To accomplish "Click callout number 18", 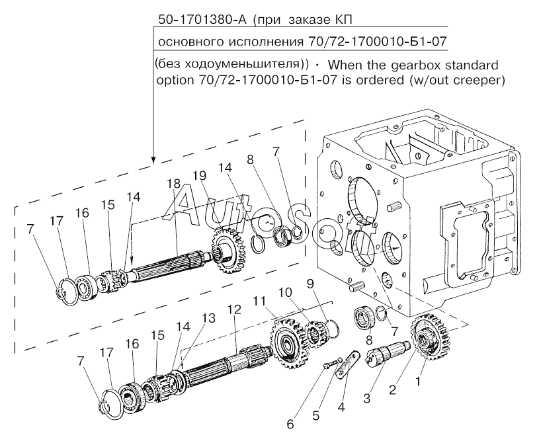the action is (173, 184).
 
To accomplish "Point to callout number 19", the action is (199, 176).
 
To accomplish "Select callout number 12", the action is (234, 309).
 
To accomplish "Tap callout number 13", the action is (209, 318).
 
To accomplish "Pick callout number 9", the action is (310, 284).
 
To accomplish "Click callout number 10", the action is (285, 292).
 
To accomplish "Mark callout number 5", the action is (316, 416).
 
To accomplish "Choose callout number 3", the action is (367, 399).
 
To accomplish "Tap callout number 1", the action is (418, 381).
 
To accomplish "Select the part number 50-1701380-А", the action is (202, 20).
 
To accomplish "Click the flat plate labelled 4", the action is (347, 365).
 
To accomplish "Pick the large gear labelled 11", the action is (289, 343).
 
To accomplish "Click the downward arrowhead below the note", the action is (153, 159).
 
